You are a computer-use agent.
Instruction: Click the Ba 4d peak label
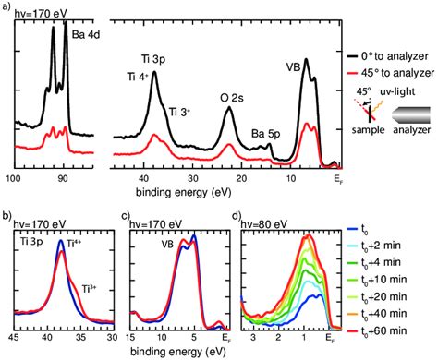tap(86, 34)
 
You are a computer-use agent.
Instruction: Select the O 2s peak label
tap(232, 98)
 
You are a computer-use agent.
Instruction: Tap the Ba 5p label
tap(265, 134)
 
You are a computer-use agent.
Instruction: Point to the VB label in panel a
tap(293, 67)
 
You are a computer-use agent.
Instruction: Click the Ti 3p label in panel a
tap(153, 59)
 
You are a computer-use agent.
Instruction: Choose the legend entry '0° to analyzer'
tap(388, 56)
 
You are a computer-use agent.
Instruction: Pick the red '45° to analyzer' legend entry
tap(391, 73)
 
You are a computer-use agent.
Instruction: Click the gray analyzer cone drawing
tap(411, 115)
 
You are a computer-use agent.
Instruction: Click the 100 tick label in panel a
tap(14, 178)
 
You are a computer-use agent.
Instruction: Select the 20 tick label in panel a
tap(242, 178)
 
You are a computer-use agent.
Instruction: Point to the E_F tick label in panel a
tap(338, 179)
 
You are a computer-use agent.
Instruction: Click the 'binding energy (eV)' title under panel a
tap(184, 193)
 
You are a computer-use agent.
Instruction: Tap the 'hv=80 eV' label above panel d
tap(264, 224)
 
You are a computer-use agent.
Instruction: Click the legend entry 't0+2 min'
tap(381, 246)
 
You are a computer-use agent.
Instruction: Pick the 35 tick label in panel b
tap(81, 337)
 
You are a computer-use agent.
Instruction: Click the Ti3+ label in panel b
tap(89, 289)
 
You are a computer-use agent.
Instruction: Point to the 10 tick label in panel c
tap(162, 337)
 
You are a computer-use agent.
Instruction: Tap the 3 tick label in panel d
tap(253, 337)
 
